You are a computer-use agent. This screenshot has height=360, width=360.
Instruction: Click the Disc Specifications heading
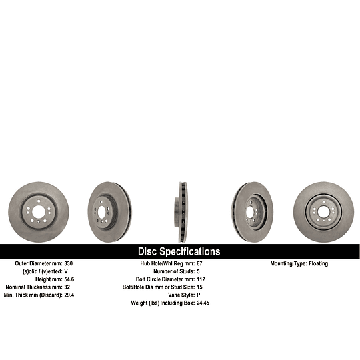pos(179,251)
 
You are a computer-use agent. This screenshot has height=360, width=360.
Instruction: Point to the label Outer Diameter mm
pos(39,263)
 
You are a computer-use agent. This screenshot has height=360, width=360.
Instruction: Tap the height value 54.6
pos(69,279)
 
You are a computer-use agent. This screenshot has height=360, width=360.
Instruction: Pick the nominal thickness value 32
pos(67,287)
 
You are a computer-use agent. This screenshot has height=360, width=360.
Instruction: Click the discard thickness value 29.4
pos(69,294)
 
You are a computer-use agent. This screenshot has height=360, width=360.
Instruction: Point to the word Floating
pos(318,263)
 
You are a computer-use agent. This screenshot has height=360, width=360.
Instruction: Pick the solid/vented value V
pos(66,271)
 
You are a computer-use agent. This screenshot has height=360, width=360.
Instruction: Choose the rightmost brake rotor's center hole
pos(322,212)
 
